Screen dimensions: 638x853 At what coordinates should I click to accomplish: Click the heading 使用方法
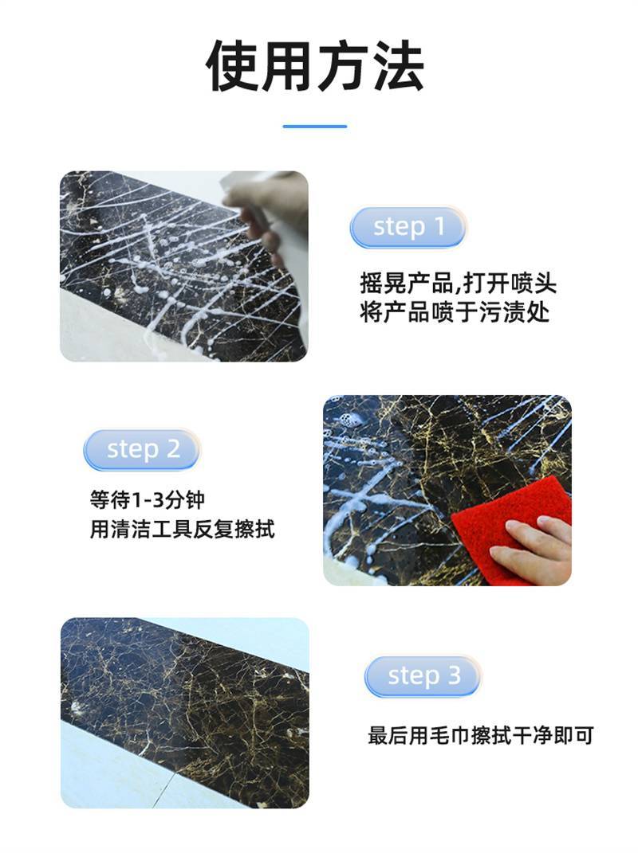pyautogui.click(x=315, y=66)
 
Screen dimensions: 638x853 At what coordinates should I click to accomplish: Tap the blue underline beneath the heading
pyautogui.click(x=315, y=126)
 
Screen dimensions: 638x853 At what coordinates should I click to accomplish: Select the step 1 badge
pyautogui.click(x=408, y=228)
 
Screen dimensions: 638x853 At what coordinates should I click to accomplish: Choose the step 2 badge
pyautogui.click(x=142, y=450)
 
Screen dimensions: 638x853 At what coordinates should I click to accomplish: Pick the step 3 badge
pyautogui.click(x=423, y=676)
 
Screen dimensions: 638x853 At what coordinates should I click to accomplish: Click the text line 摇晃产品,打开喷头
pyautogui.click(x=459, y=284)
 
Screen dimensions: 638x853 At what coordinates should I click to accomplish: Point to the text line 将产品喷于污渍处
pyautogui.click(x=455, y=311)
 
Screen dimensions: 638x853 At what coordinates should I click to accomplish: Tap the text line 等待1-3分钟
pyautogui.click(x=147, y=499)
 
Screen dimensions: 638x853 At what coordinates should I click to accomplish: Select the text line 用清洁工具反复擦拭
pyautogui.click(x=183, y=529)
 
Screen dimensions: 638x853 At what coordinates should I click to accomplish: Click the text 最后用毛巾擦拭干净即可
pyautogui.click(x=481, y=735)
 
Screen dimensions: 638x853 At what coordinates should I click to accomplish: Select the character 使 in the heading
pyautogui.click(x=232, y=66)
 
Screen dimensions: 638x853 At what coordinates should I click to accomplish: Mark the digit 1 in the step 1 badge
pyautogui.click(x=439, y=226)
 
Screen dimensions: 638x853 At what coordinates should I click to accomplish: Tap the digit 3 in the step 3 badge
pyautogui.click(x=455, y=675)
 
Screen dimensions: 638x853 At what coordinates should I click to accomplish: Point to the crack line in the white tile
pyautogui.click(x=163, y=788)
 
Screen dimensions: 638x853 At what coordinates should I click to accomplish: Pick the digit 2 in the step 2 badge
pyautogui.click(x=173, y=449)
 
